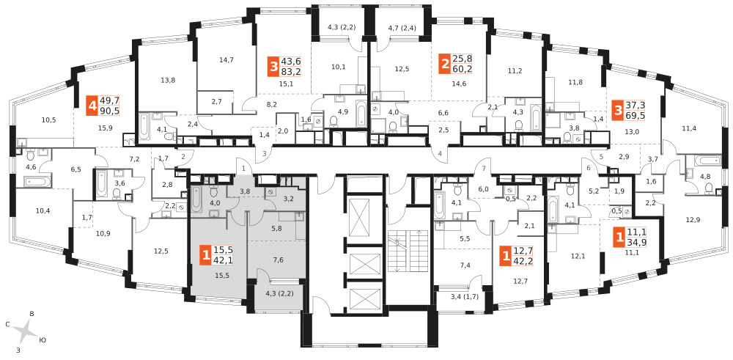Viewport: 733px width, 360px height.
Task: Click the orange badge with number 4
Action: pos(92,106)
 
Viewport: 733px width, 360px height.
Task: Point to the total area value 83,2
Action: pos(291,72)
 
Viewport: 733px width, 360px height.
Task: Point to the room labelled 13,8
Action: pos(167,81)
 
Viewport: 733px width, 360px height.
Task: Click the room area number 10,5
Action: pos(48,120)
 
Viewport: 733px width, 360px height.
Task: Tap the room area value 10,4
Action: pos(43,211)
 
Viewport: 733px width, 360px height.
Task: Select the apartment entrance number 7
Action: pos(485,168)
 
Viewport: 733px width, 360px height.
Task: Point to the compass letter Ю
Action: pos(43,339)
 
